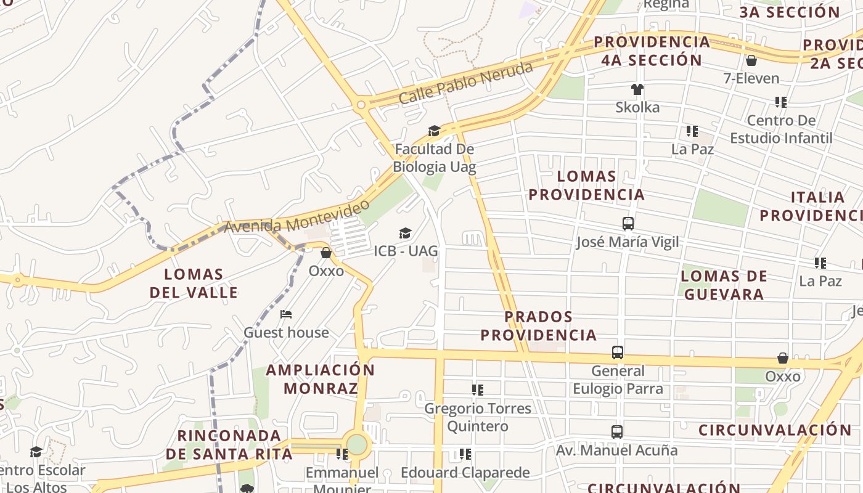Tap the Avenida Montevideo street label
coord(297,217)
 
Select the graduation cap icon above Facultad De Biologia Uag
coord(435,131)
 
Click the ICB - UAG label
coord(406,251)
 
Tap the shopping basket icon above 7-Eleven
coord(751,60)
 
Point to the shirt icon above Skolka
coord(637,89)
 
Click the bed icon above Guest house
coord(286,314)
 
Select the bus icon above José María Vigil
coord(628,224)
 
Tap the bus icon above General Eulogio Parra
coord(618,352)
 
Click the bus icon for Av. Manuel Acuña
coord(617,432)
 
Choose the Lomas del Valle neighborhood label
coord(194,283)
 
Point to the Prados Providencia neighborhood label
coord(539,326)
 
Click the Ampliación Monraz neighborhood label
coord(321,379)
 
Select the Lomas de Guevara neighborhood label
coord(724,285)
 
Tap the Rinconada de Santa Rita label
coord(229,445)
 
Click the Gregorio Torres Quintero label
coord(478,417)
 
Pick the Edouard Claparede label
coord(465,473)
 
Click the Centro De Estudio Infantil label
coord(781,129)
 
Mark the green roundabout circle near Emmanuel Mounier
coord(357,444)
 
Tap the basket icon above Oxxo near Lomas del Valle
coord(326,253)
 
